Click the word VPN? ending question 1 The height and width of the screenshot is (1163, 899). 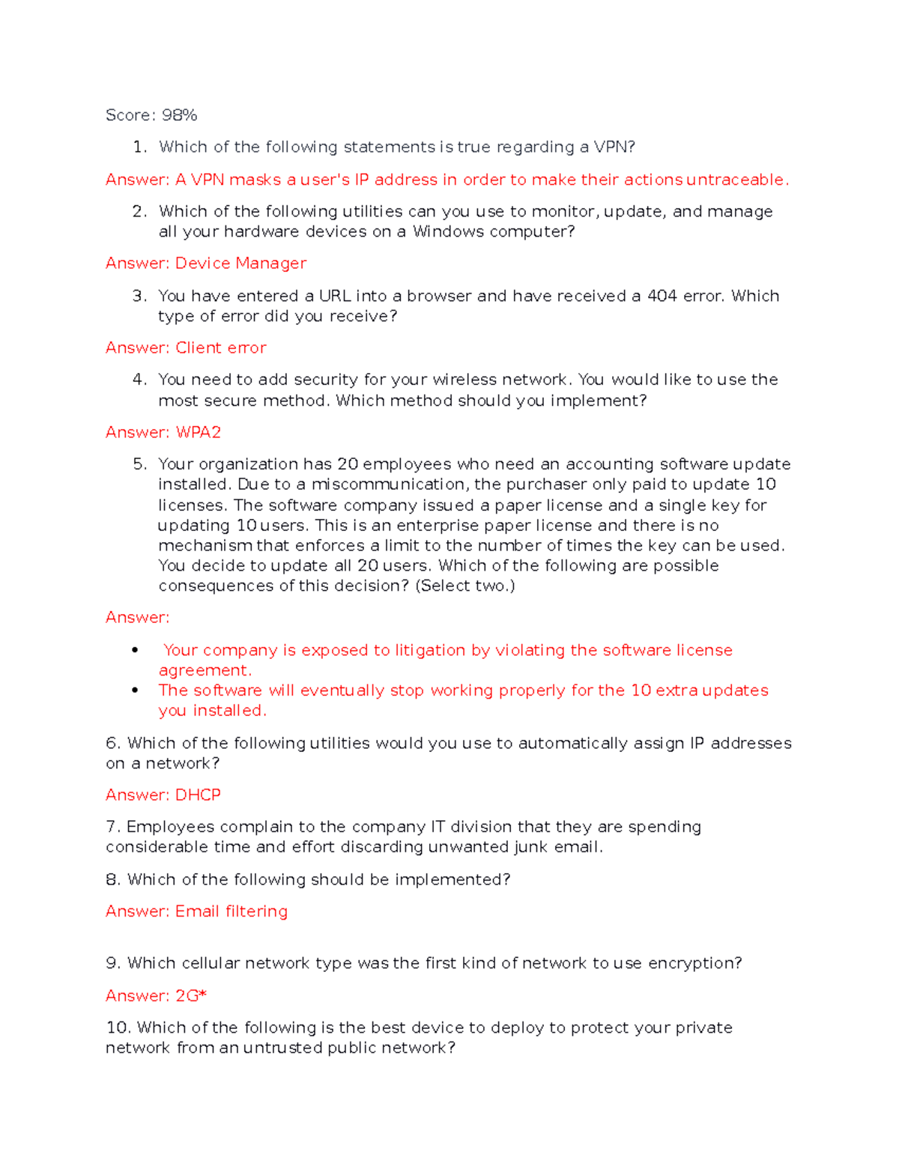[x=614, y=148]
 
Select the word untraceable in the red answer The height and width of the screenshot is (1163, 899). [x=736, y=180]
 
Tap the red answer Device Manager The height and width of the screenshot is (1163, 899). [x=240, y=264]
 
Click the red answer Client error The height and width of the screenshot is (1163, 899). [x=220, y=348]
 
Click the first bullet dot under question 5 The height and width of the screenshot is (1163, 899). [x=135, y=650]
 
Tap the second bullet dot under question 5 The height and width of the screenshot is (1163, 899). [x=135, y=690]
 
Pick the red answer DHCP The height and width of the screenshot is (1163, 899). [x=198, y=795]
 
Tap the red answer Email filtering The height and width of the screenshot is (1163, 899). [x=231, y=911]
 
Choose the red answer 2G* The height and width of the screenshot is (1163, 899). [x=190, y=996]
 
